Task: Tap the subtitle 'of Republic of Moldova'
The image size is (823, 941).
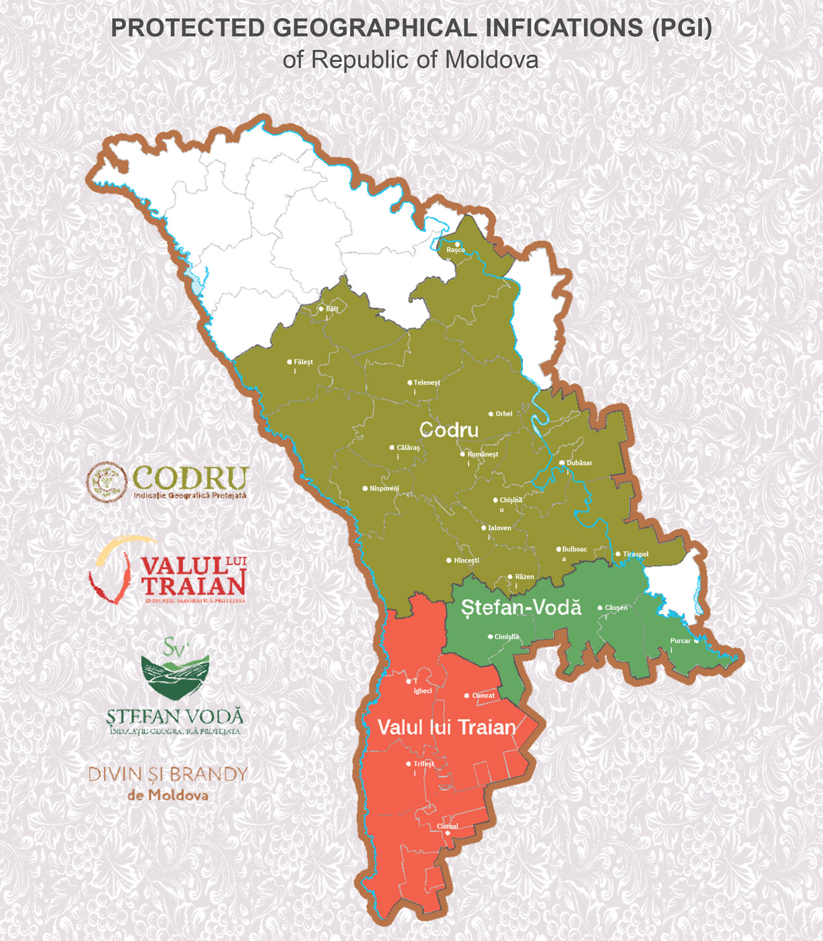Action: coord(410,60)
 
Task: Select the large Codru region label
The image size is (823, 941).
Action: coord(449,430)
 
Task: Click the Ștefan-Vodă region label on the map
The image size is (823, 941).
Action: coord(521,608)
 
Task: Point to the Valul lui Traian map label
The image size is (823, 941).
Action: coord(447,727)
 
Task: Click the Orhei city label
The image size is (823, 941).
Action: coord(504,414)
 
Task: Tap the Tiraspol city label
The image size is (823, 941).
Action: coord(636,555)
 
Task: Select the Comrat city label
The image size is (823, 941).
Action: coord(483,696)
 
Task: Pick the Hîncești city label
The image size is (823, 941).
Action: coord(467,561)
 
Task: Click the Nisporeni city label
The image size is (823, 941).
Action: coord(384,489)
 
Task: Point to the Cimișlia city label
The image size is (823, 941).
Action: coord(506,637)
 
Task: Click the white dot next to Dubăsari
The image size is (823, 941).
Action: coord(562,463)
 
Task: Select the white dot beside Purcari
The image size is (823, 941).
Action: coord(696,641)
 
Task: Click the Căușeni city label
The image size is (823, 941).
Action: coord(616,608)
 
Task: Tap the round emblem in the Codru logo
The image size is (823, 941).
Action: coord(106,482)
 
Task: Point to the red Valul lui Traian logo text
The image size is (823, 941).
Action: coord(193,577)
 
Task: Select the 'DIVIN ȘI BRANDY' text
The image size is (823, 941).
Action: coord(168,774)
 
